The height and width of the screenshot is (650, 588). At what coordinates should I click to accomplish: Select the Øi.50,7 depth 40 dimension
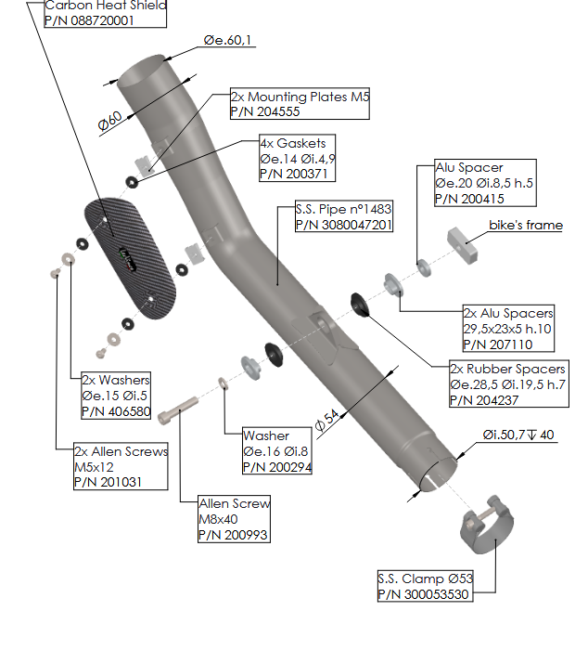coord(518,435)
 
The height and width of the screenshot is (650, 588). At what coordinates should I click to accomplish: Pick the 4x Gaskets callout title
coord(292,144)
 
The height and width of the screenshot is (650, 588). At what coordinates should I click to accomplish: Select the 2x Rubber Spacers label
coord(507,370)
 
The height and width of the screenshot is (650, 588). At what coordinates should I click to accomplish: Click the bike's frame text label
coord(526,225)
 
